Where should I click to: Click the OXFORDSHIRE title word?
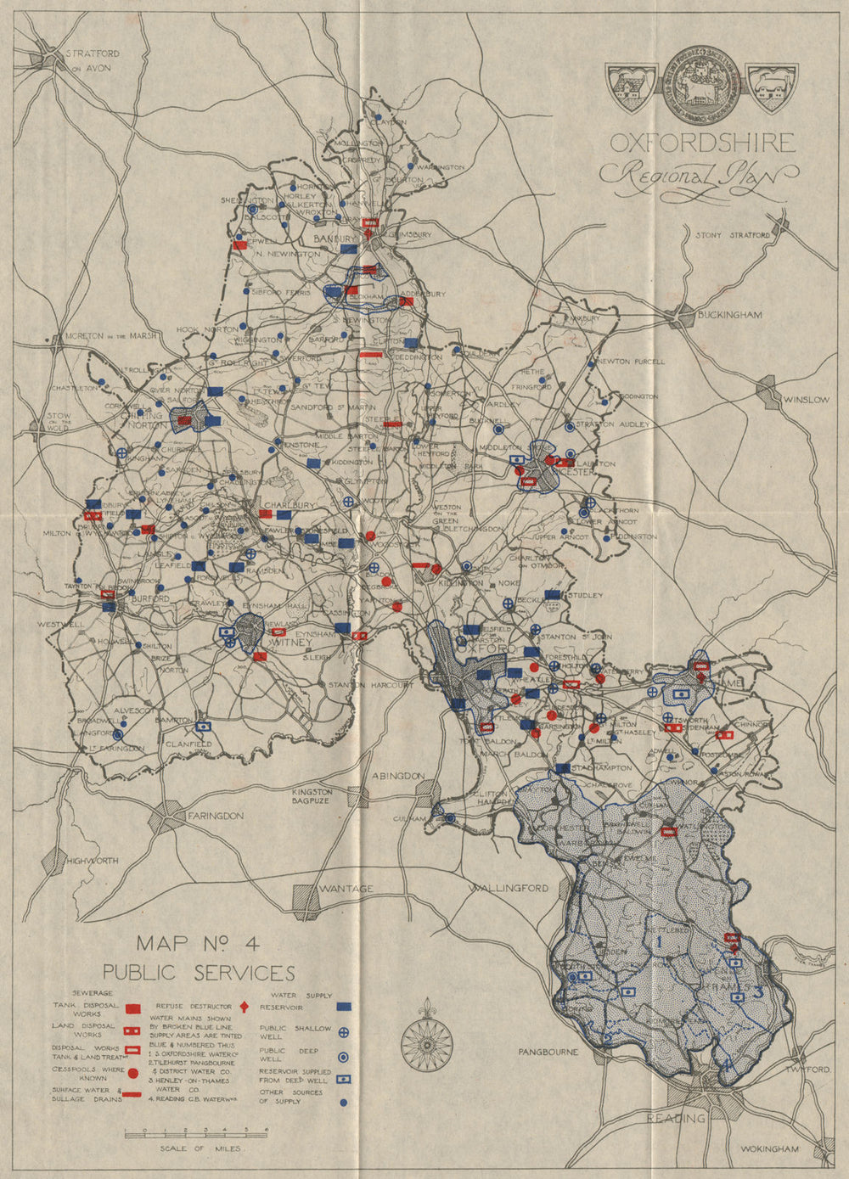pos(702,143)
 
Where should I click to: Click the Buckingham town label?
pos(729,315)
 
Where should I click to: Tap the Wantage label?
pos(346,889)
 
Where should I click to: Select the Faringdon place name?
pos(215,816)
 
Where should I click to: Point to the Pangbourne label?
pos(548,1052)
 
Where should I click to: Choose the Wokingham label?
pos(770,1149)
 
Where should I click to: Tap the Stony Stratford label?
pos(733,235)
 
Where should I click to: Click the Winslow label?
pos(807,399)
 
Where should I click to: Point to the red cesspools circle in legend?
pos(132,1074)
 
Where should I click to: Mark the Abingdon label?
pos(397,776)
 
